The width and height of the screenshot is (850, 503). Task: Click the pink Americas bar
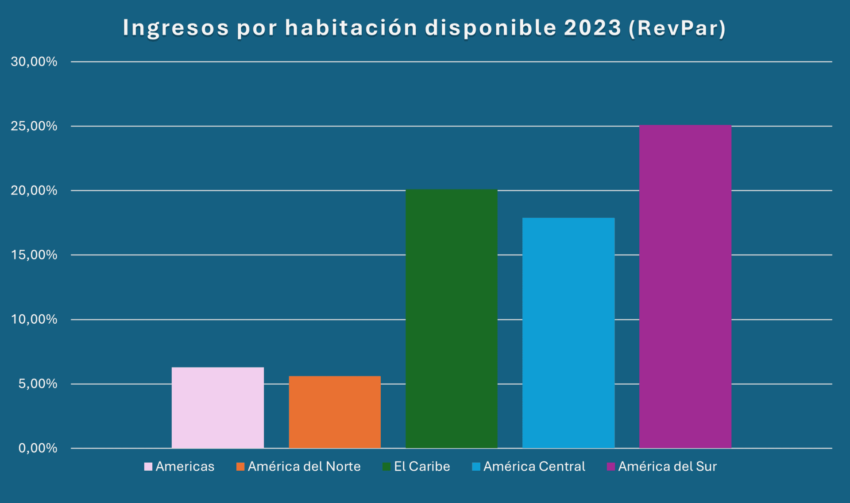[x=218, y=407]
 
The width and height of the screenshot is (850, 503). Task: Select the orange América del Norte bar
[x=335, y=412]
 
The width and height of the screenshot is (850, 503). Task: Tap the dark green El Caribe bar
[x=452, y=319]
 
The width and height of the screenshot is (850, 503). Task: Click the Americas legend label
[x=185, y=466]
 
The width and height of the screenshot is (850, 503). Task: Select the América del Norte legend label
[x=304, y=466]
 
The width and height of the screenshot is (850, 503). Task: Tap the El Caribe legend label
[x=422, y=466]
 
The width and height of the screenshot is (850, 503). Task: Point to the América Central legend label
[x=534, y=466]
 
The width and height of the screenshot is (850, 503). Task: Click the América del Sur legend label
[x=667, y=466]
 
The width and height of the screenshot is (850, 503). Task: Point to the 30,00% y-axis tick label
[x=34, y=62]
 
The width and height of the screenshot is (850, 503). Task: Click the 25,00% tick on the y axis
[x=34, y=126]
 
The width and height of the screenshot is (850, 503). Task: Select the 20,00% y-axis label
[x=34, y=190]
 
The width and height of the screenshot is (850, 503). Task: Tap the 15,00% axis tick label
[x=34, y=255]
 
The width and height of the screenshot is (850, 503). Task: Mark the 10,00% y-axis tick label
[x=34, y=319]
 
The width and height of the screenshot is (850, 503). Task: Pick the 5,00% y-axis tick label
[x=38, y=384]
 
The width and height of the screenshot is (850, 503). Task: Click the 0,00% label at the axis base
[x=38, y=448]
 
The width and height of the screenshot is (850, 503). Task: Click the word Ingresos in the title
[x=176, y=28]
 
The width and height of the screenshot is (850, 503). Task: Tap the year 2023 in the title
[x=592, y=28]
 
